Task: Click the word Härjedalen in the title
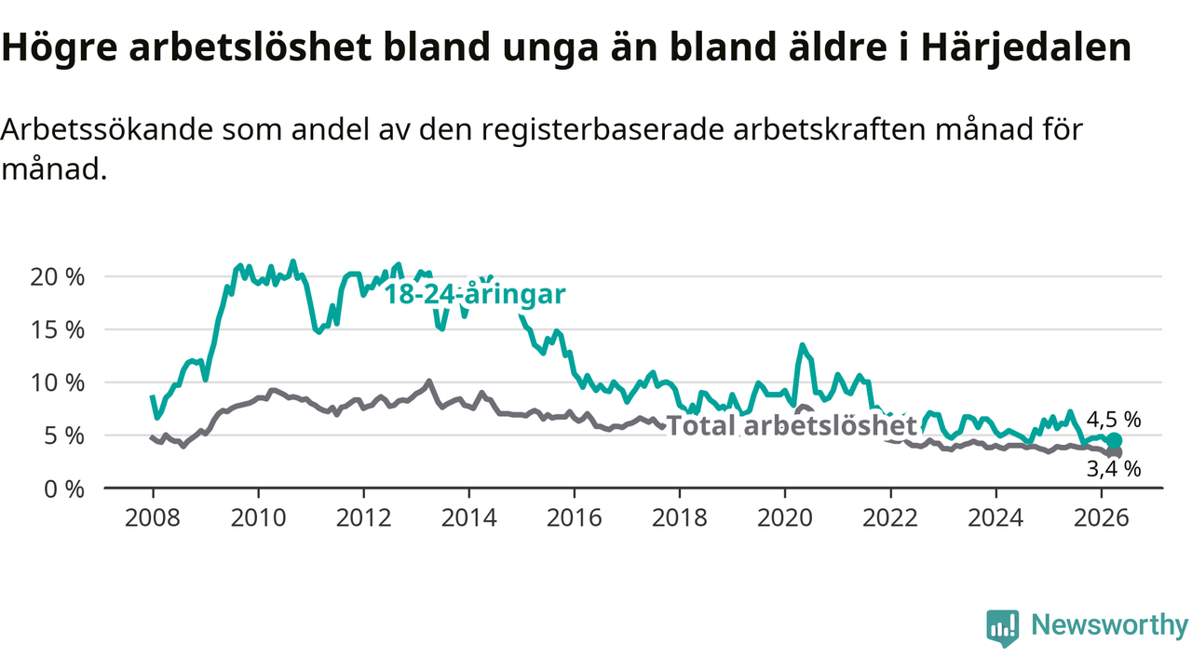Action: [x=1026, y=47]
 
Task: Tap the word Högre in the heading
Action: [x=59, y=47]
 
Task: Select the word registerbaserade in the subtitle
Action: [x=603, y=129]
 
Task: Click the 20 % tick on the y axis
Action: [x=58, y=277]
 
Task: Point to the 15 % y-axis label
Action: [x=58, y=330]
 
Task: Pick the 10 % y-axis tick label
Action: [x=58, y=382]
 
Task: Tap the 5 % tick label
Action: [x=64, y=436]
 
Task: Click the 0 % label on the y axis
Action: [x=64, y=489]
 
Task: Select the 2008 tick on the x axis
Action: [x=153, y=517]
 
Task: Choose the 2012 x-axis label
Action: [x=363, y=517]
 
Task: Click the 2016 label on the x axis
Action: [x=575, y=517]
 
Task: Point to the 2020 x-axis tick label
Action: [x=785, y=517]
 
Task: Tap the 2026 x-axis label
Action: [x=1101, y=517]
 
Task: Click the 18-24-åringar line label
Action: [x=475, y=294]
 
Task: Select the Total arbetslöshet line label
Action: [x=792, y=425]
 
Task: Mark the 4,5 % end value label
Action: [x=1114, y=420]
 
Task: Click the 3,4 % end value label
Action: [x=1114, y=469]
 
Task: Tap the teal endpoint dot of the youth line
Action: [x=1115, y=441]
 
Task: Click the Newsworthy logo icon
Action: [x=1003, y=628]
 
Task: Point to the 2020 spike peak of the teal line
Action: [x=802, y=345]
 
